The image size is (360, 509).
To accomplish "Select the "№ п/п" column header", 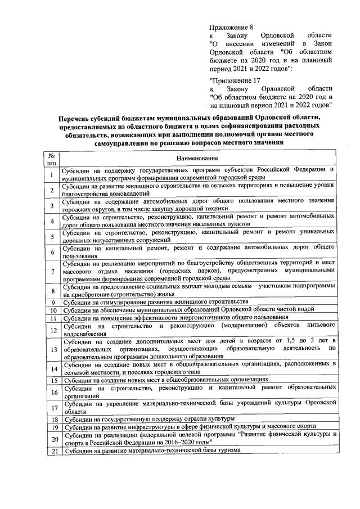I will pyautogui.click(x=51, y=159).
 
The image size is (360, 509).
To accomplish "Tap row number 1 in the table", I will pyautogui.click(x=51, y=174).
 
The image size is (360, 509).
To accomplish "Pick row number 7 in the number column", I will pyautogui.click(x=51, y=272).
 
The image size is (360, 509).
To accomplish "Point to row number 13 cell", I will pyautogui.click(x=51, y=349).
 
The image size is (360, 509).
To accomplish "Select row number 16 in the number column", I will pyautogui.click(x=51, y=392).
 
